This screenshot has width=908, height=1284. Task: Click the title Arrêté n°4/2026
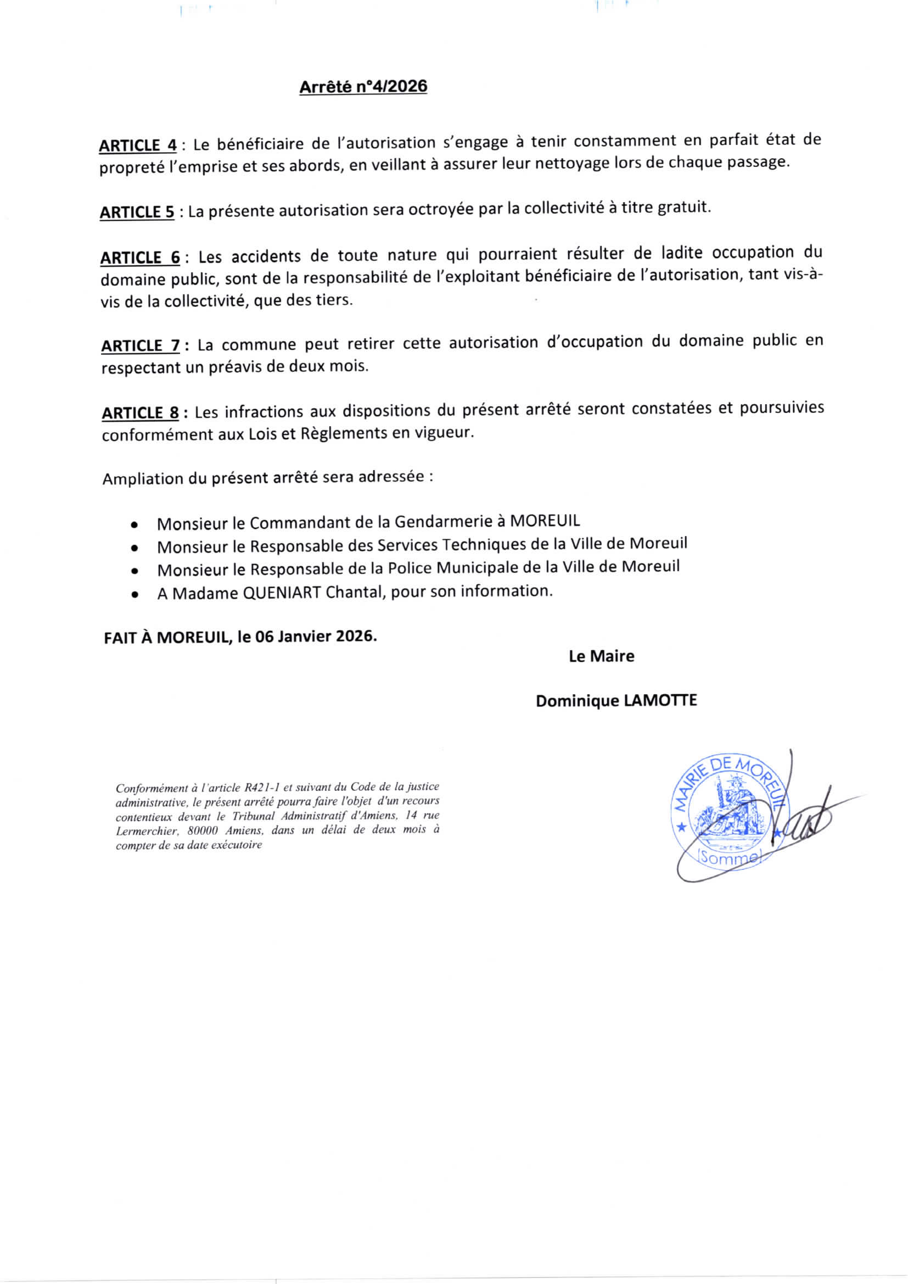pyautogui.click(x=363, y=87)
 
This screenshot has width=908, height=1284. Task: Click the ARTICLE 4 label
pyautogui.click(x=138, y=146)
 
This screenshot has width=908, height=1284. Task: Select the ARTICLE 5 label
pyautogui.click(x=137, y=213)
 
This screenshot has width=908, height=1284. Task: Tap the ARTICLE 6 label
pyautogui.click(x=140, y=258)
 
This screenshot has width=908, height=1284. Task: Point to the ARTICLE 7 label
pyautogui.click(x=140, y=345)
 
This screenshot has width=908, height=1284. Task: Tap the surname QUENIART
pyautogui.click(x=281, y=593)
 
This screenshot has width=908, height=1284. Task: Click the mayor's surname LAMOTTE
pyautogui.click(x=660, y=701)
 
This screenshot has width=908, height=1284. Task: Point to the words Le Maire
pyautogui.click(x=601, y=656)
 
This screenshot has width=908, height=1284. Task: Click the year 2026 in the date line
pyautogui.click(x=356, y=637)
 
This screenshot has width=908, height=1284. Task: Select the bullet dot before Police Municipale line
pyautogui.click(x=134, y=572)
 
